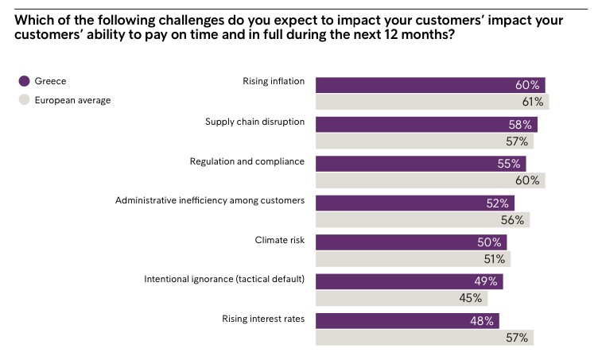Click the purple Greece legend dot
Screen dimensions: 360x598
coord(25,81)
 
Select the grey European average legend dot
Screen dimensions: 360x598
coord(25,101)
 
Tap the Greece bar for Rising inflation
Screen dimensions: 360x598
coord(414,85)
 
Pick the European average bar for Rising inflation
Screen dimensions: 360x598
coord(414,102)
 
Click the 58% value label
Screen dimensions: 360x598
coord(520,125)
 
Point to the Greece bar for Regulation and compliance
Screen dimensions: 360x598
coord(406,164)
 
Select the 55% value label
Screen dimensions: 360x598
coord(509,164)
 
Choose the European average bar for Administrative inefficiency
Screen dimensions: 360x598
coord(406,220)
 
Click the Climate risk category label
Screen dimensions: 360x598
coord(279,239)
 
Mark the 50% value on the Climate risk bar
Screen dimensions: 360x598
coord(490,242)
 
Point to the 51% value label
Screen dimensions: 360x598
coord(493,259)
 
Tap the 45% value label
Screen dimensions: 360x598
coord(471,298)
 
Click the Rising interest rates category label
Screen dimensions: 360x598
coord(263,319)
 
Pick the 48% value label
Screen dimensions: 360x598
coord(483,321)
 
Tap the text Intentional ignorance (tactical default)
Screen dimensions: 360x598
coord(224,279)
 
